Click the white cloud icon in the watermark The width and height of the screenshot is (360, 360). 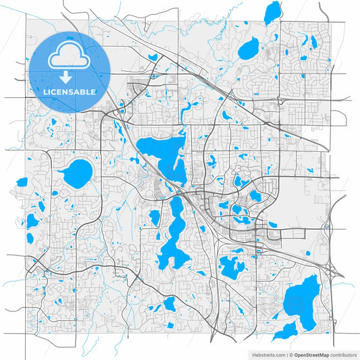(70, 56)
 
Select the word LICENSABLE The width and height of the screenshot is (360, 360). (70, 91)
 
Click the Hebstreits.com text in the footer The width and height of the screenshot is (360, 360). (268, 354)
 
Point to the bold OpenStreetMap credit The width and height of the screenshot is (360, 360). (308, 354)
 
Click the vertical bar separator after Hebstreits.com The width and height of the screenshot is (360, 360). (286, 354)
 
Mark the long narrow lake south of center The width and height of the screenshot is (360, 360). (174, 233)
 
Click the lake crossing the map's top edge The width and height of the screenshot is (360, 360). (272, 11)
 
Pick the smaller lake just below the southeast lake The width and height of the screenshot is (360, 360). (288, 330)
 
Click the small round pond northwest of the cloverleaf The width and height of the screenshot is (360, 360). (307, 253)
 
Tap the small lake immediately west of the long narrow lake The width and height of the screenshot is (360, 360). (154, 217)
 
